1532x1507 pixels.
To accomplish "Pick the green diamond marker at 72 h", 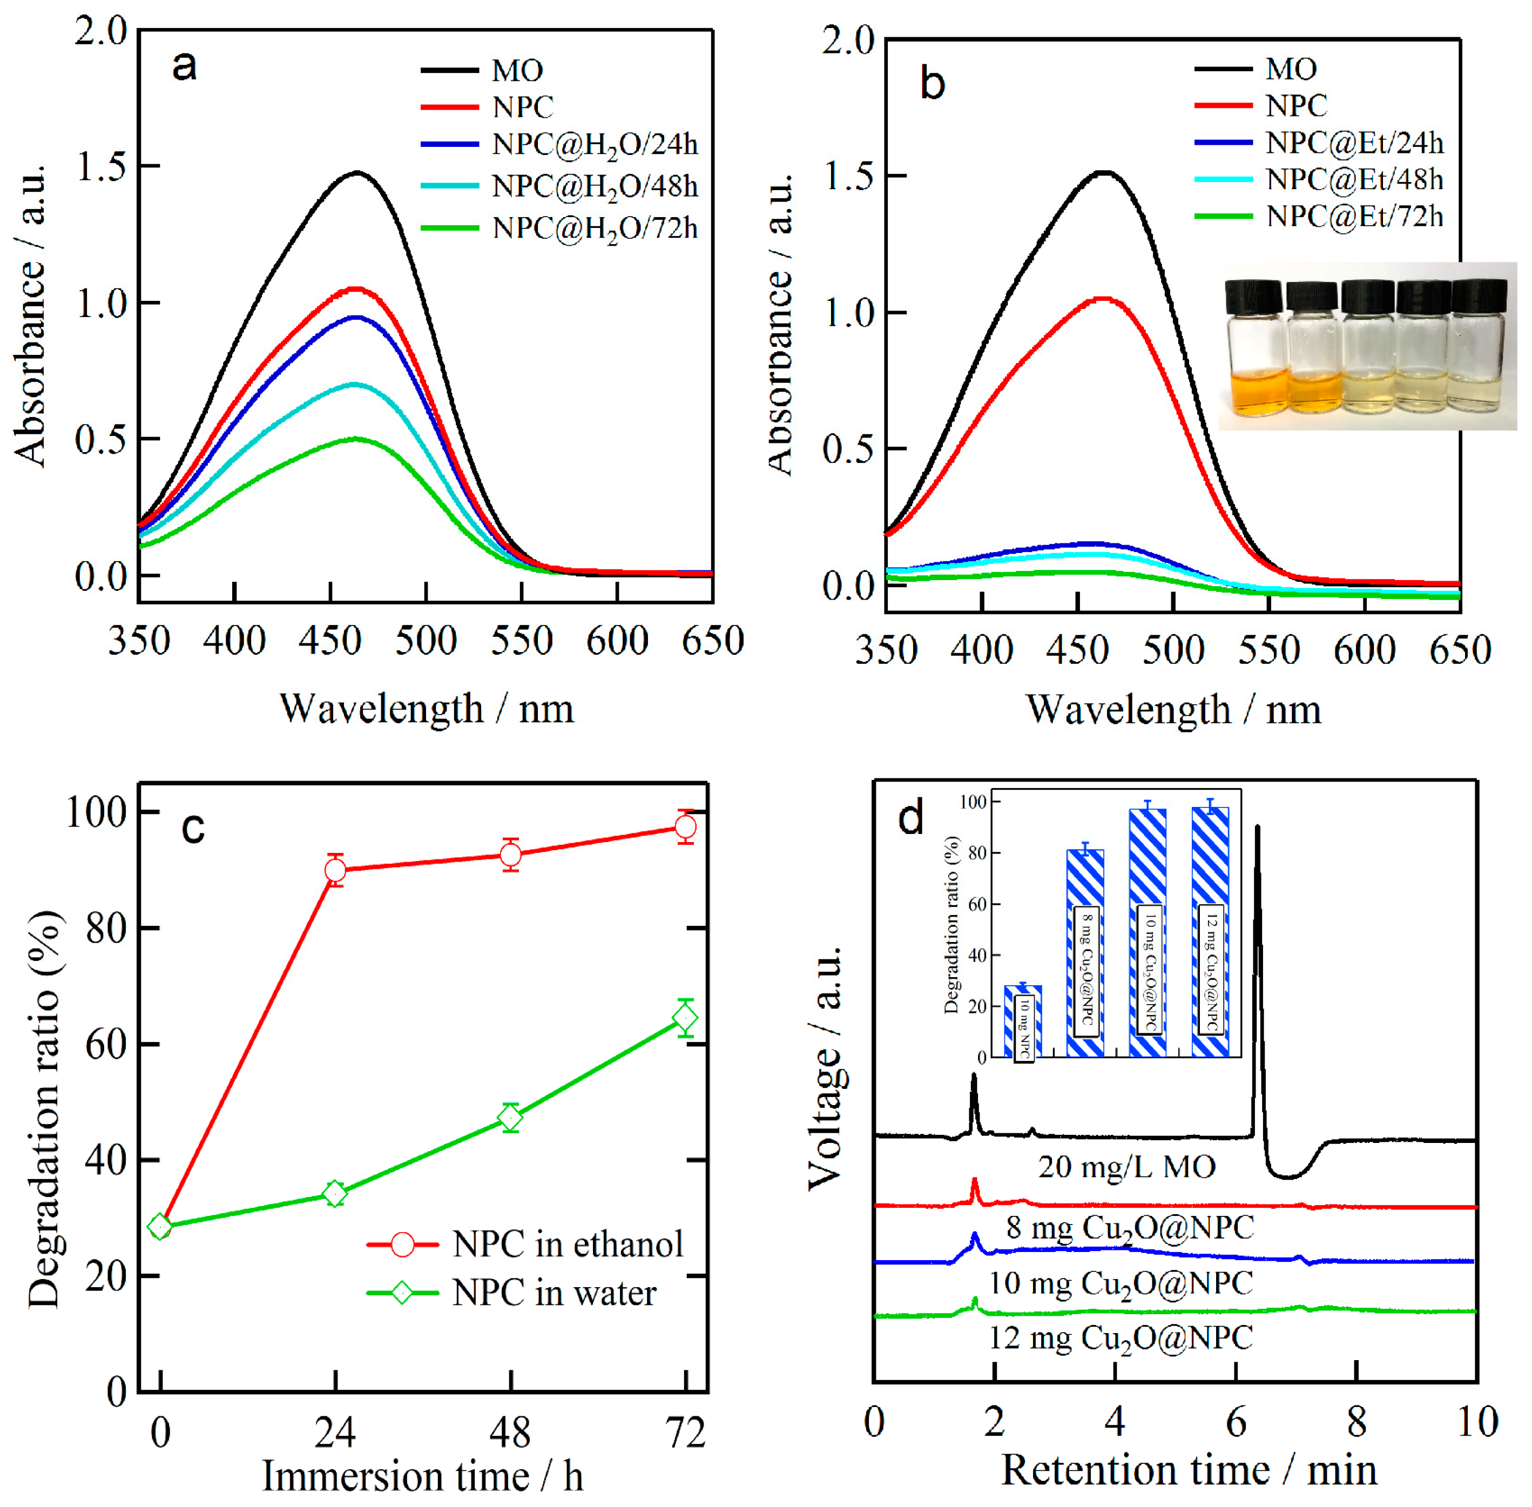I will [685, 1018].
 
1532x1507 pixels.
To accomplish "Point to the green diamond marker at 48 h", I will [510, 1118].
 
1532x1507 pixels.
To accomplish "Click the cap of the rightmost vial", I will [1477, 295].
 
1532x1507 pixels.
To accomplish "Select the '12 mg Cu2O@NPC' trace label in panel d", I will [1121, 1337].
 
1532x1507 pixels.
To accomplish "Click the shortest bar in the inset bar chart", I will [1022, 1021].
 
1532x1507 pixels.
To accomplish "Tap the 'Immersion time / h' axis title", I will [423, 1475].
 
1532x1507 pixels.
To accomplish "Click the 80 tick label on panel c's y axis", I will [106, 929].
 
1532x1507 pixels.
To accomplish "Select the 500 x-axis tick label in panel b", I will [1173, 650].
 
